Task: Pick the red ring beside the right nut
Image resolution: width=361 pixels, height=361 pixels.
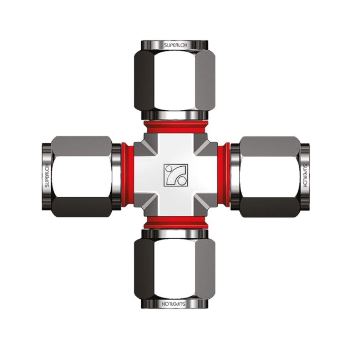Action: [224, 175]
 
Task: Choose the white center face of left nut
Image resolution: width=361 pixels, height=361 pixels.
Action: [82, 175]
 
